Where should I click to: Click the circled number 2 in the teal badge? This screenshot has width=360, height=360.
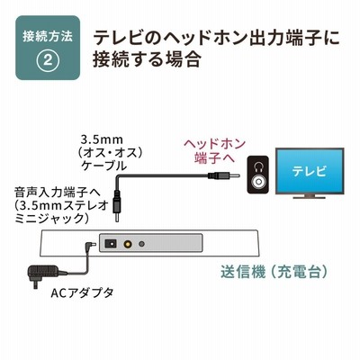pos(48,60)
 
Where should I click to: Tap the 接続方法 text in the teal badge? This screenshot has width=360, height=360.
pos(48,36)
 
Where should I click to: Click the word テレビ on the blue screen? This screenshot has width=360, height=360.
pos(310,171)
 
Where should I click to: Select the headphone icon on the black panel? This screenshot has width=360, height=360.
pos(257,166)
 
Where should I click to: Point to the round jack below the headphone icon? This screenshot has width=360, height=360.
pos(257,182)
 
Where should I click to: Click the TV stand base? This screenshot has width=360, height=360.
pos(310,196)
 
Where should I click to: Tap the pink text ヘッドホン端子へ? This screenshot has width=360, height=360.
pos(214,151)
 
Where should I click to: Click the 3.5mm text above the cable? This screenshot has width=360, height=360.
pos(102,139)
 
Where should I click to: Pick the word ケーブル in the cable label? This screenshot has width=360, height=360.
pos(103,166)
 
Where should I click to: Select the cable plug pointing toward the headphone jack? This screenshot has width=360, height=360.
pos(224,175)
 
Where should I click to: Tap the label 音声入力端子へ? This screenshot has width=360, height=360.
pos(58,193)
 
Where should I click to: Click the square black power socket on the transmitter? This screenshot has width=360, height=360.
pos(110,244)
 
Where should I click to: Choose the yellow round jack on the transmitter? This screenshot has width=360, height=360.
pos(129,244)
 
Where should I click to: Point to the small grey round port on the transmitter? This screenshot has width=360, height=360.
pos(141,244)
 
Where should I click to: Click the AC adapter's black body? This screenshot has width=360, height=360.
pos(42,273)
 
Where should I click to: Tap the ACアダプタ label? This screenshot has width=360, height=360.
pos(82,292)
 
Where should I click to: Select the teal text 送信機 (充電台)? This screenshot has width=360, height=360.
pos(274,273)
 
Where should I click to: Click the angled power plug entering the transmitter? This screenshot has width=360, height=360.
pos(90,246)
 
